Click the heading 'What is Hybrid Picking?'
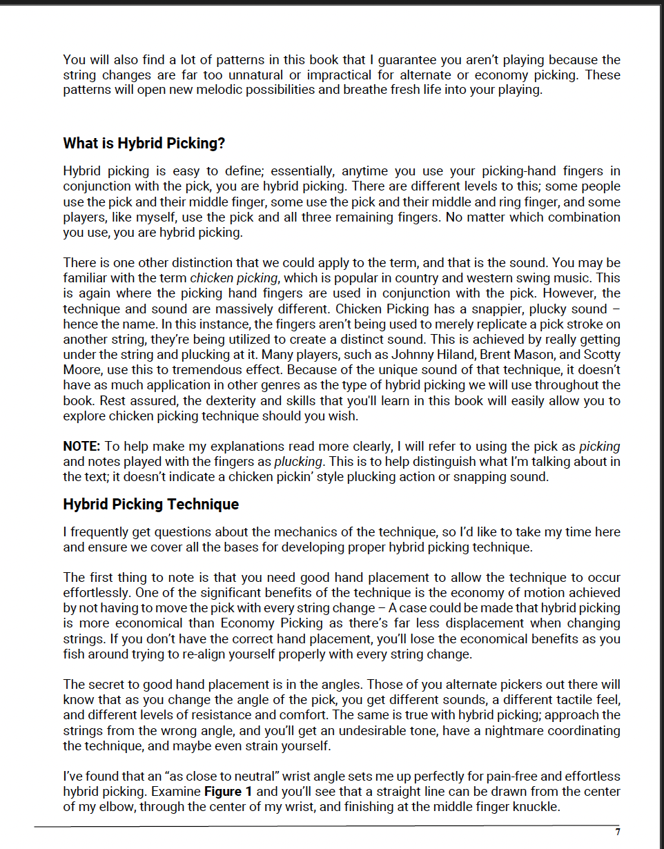144,144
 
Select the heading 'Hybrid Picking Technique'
150,505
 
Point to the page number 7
618,832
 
